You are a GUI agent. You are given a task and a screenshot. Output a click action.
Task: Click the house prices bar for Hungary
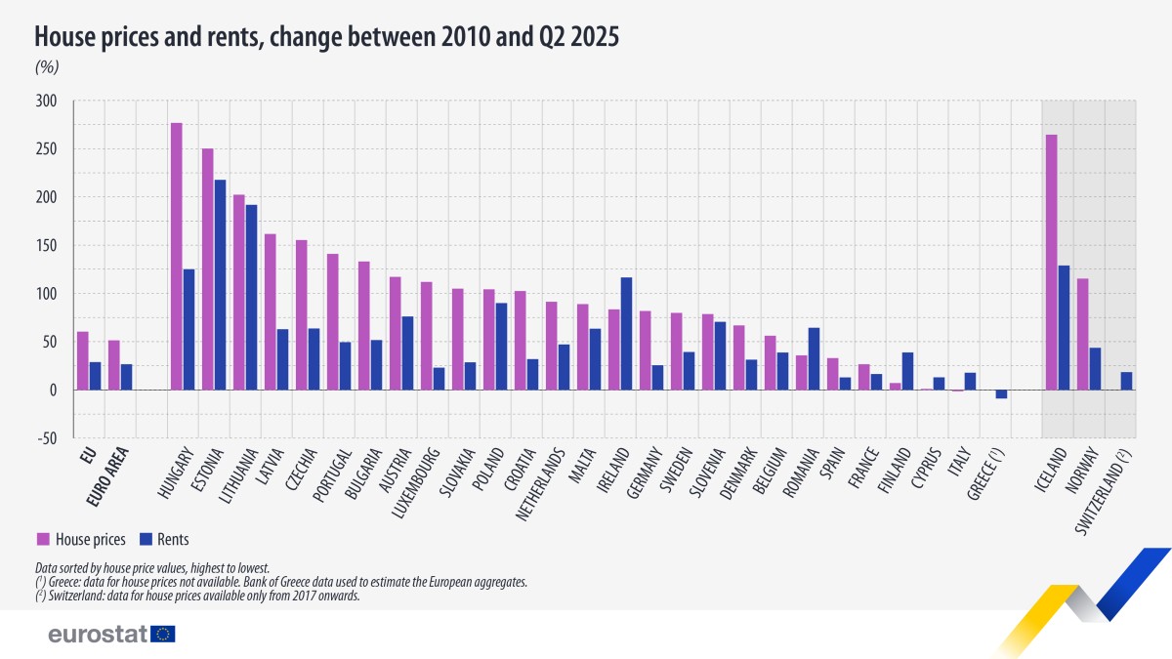coord(177,256)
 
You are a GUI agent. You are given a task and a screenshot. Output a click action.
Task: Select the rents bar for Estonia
coord(220,284)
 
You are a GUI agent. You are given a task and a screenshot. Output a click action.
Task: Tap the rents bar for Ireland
coord(626,333)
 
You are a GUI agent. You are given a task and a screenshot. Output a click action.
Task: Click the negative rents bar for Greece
coord(1001,394)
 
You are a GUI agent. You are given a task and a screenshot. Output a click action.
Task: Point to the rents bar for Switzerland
coord(1126,381)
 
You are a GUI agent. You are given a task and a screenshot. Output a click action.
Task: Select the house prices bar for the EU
coord(83,360)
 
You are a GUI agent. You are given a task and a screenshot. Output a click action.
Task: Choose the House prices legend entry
coord(72,538)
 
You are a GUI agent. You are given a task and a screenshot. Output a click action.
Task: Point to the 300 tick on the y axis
coord(47,102)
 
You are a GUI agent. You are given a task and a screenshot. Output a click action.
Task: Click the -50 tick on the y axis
coord(47,438)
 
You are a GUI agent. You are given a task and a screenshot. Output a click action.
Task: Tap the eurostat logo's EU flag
coord(163,634)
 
